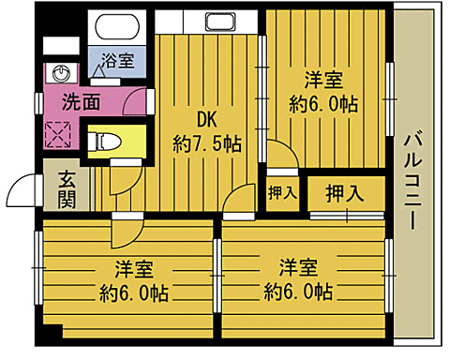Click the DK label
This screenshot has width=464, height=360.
[206, 119]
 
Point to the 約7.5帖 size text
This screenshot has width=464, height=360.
[206, 144]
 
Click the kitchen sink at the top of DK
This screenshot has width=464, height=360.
[220, 22]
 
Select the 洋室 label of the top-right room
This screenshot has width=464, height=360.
[326, 79]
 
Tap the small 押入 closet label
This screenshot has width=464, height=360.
[282, 194]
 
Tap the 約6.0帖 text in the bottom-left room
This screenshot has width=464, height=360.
[134, 292]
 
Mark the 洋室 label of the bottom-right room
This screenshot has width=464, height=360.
[297, 266]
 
